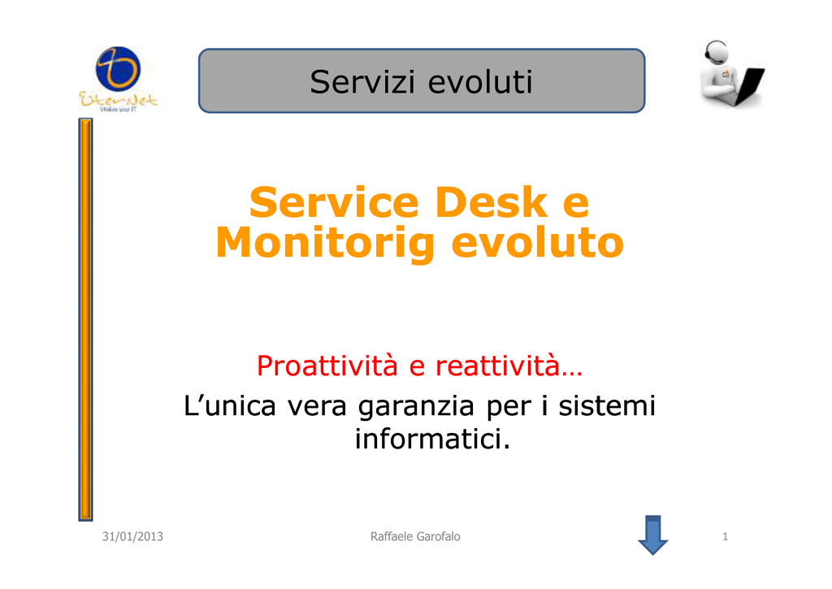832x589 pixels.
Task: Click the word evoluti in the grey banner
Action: tap(479, 82)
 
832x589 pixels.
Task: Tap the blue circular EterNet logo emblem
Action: tap(118, 69)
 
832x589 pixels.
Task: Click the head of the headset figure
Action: tap(717, 53)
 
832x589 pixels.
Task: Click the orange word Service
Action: tap(334, 202)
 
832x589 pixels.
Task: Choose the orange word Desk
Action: tap(491, 202)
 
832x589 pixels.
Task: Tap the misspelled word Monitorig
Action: tap(325, 244)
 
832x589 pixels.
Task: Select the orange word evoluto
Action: tap(537, 242)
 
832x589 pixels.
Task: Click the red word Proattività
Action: tap(327, 366)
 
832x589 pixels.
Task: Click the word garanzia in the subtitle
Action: tap(415, 407)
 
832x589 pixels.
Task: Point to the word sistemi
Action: tap(607, 405)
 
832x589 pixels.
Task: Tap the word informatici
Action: tap(432, 439)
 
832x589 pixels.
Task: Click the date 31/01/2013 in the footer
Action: tap(132, 536)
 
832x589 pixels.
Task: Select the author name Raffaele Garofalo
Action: tap(415, 536)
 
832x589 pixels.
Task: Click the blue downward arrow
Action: tap(652, 535)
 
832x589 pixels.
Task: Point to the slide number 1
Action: tap(725, 536)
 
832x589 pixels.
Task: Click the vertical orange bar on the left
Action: tap(85, 319)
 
